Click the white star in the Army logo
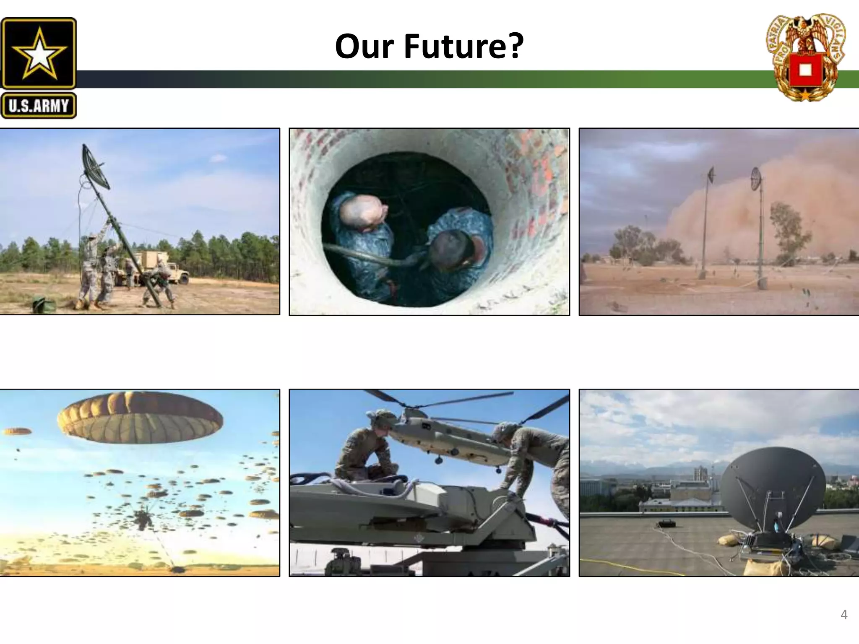39,53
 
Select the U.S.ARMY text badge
39,106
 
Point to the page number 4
844,615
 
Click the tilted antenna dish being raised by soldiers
96,166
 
